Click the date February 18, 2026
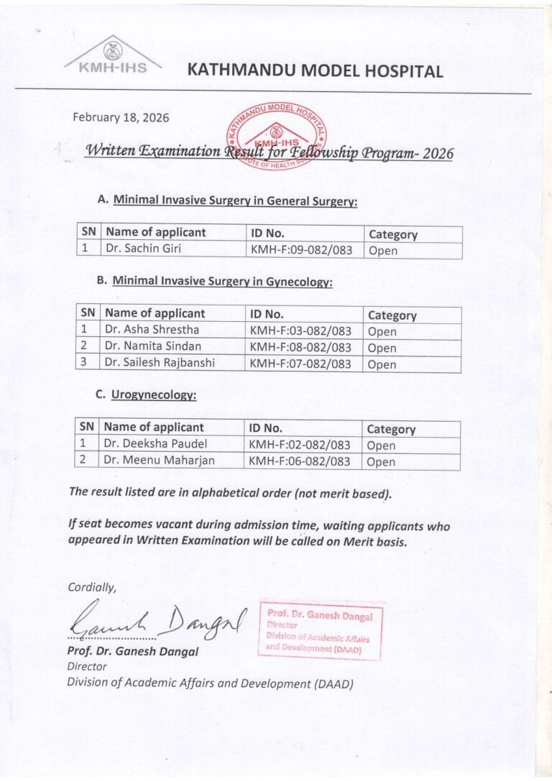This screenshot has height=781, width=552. [121, 118]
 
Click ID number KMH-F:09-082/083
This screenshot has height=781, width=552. [300, 250]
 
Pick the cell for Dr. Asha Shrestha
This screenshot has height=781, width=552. [152, 331]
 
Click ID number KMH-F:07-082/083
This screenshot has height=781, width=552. [300, 364]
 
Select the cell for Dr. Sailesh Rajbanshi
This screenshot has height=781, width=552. [160, 364]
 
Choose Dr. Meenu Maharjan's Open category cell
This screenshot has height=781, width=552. [381, 462]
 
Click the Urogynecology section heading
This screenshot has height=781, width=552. [154, 394]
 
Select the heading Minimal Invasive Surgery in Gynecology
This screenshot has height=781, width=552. [222, 282]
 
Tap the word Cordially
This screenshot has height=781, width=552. [91, 587]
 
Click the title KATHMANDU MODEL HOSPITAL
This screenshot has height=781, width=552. [315, 70]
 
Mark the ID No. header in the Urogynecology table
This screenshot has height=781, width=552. [266, 428]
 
